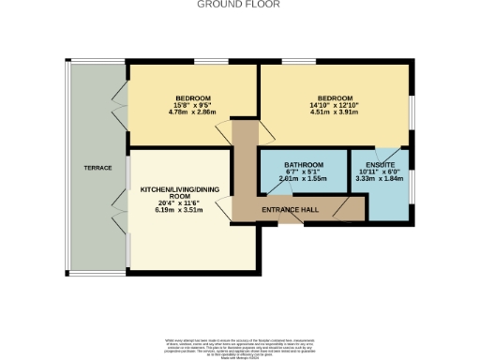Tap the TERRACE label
tap(99, 168)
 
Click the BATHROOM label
tap(304, 165)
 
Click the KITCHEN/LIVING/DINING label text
tap(178, 189)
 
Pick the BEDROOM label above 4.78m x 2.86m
tap(192, 98)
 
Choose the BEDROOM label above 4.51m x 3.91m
tap(335, 98)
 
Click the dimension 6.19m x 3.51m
tap(178, 211)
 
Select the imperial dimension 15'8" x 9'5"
tap(192, 106)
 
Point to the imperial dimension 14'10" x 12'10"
tap(335, 106)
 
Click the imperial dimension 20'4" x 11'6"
tap(178, 203)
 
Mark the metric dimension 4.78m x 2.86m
tap(192, 112)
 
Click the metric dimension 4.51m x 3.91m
tap(335, 112)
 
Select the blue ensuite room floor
tap(388, 202)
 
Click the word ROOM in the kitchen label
tap(178, 196)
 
